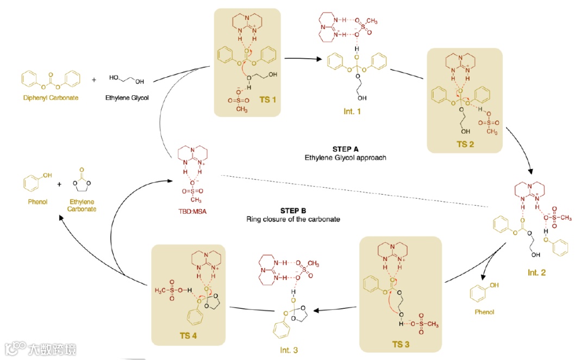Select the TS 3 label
click(x=397, y=344)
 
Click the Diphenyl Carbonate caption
click(x=51, y=99)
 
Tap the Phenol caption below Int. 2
click(x=485, y=312)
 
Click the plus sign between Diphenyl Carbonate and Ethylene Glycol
click(x=94, y=79)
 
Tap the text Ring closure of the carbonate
click(x=293, y=219)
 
